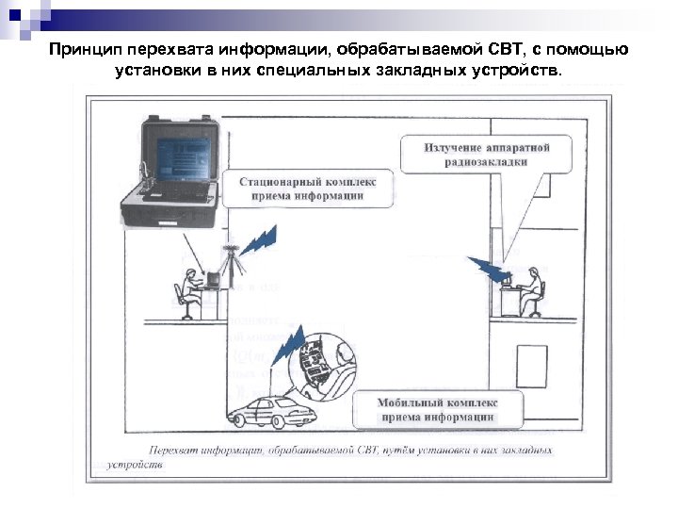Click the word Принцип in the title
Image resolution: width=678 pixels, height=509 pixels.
pyautogui.click(x=83, y=49)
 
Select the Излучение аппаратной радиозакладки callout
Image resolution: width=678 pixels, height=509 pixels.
pyautogui.click(x=487, y=155)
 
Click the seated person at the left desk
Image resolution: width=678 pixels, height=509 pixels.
pyautogui.click(x=188, y=289)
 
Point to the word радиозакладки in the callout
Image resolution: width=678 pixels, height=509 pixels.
pyautogui.click(x=486, y=162)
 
